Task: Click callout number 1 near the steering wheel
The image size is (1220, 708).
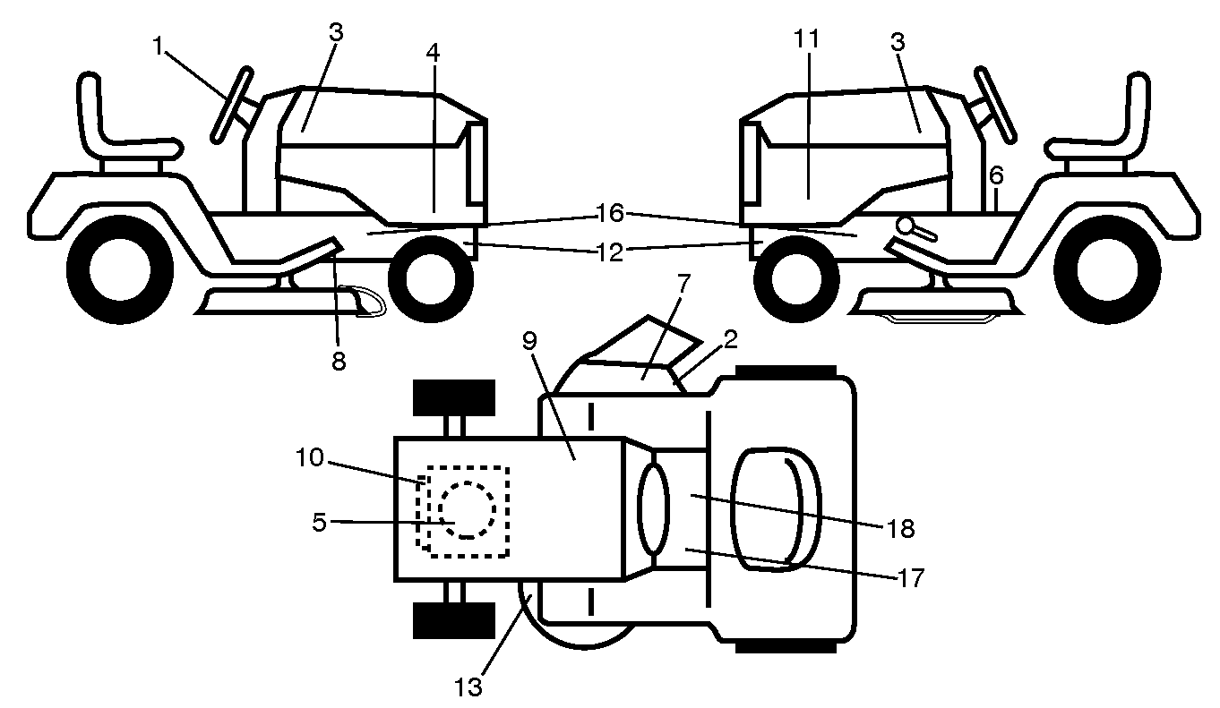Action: click(x=158, y=47)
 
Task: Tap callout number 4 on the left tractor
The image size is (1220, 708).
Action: click(x=433, y=53)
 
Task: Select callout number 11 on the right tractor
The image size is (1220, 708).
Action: click(x=807, y=38)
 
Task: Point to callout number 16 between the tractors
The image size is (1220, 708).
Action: click(x=610, y=213)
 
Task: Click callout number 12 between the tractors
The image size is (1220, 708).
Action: click(x=610, y=253)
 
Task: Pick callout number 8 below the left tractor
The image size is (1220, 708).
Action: click(x=339, y=361)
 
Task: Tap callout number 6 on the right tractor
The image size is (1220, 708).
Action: click(x=996, y=175)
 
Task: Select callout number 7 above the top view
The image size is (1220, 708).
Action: click(x=683, y=284)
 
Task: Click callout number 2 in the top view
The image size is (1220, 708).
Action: click(x=730, y=339)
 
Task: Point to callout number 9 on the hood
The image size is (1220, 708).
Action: click(x=529, y=341)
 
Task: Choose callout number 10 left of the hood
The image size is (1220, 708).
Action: click(x=310, y=457)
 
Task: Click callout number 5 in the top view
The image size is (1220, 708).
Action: click(x=319, y=523)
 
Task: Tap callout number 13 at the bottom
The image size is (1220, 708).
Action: click(x=468, y=687)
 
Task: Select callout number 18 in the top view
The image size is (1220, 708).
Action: click(x=901, y=528)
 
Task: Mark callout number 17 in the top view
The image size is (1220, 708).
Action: click(x=912, y=578)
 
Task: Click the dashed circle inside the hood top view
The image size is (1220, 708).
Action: click(x=468, y=510)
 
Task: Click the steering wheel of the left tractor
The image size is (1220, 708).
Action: click(x=231, y=105)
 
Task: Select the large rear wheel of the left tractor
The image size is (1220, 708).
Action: click(x=120, y=269)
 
